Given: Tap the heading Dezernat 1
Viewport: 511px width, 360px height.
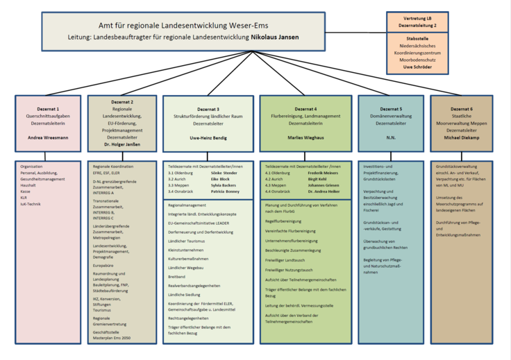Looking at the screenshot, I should coord(48,109).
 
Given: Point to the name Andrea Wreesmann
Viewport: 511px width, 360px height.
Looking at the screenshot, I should coord(48,138).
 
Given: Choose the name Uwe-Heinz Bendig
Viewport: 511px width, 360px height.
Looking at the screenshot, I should coord(208,138).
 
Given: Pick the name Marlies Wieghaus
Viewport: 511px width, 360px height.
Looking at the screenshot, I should coord(305,138).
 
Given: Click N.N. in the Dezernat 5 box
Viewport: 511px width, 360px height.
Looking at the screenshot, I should coord(390,138).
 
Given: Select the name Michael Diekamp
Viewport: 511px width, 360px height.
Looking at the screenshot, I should coord(461,137).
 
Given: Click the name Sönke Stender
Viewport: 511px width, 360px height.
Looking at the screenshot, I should coord(224,173).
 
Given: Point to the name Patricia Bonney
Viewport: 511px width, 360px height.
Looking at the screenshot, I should coord(225,191).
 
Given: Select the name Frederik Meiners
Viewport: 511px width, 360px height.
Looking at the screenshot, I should coord(322,173).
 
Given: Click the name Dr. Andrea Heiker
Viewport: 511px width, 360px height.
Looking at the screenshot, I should coord(324,191).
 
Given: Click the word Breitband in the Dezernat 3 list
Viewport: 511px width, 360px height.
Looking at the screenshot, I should coord(177,276).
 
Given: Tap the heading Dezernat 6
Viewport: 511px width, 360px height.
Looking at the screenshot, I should coord(461,109).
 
